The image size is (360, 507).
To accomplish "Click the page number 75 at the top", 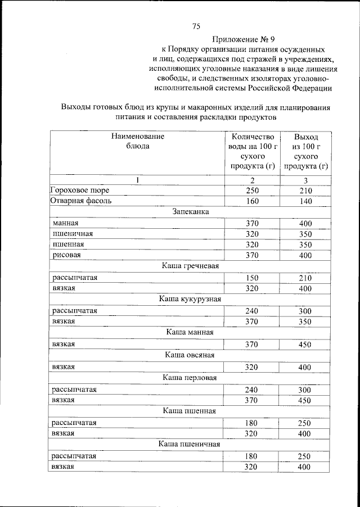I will tap(196, 26).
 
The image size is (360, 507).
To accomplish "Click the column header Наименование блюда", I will tap(137, 141).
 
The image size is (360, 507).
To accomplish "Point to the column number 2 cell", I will tap(252, 180).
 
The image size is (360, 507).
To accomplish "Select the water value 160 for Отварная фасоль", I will tap(252, 201).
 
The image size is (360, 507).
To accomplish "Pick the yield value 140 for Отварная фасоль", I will tap(305, 201).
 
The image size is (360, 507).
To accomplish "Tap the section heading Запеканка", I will tap(191, 212).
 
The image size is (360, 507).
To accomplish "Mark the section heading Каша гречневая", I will tap(190, 266).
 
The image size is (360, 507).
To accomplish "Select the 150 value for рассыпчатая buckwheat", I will tap(252, 277).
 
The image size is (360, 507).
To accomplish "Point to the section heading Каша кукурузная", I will tap(190, 299).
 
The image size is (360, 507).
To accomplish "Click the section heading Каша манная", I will tap(190, 332).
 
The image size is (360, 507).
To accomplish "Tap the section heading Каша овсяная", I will tap(190, 355).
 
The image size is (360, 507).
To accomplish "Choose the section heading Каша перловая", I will tap(190, 377).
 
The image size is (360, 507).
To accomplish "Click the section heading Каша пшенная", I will tap(190, 411).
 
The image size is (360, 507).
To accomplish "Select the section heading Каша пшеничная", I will tap(190, 444).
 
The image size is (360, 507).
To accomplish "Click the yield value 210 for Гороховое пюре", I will tap(305, 191).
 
